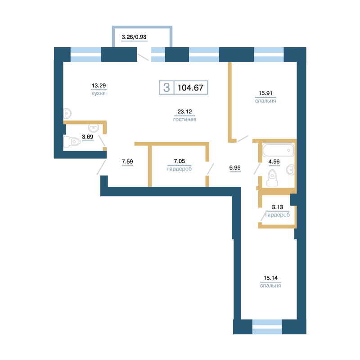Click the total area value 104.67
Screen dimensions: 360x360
coord(190,88)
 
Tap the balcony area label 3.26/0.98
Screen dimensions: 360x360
coord(134,37)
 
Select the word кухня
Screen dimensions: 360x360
coord(99,94)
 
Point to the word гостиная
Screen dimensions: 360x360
coord(184,119)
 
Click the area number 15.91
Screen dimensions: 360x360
coord(265,93)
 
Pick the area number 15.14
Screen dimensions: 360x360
coord(270,278)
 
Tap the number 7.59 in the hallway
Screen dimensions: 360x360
coord(127,162)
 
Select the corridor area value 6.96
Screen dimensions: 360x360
coord(235,168)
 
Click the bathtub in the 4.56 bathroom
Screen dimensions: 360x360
coord(278,150)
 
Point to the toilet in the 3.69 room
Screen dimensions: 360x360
coord(72,142)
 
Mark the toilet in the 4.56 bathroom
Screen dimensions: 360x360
coord(272,178)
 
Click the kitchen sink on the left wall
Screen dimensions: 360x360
coord(67,113)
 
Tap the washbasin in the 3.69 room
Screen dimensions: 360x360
coord(94,128)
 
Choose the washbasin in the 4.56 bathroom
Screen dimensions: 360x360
coord(290,170)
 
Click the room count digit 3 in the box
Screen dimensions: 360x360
coord(166,87)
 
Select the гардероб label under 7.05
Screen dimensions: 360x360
coord(179,169)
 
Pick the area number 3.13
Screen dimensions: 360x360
coord(277,207)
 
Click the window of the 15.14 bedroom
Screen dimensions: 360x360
coord(267,327)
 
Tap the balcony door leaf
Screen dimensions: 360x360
coord(143,57)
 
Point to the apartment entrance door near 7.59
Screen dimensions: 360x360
coord(101,167)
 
